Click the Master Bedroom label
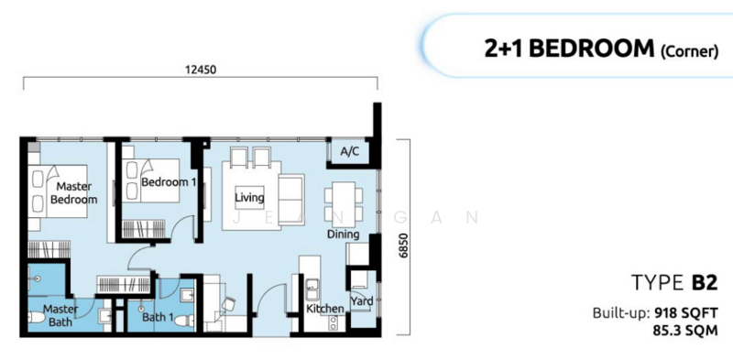click(73, 192)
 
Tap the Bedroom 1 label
click(169, 183)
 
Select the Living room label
click(248, 197)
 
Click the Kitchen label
click(324, 310)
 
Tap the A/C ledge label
click(349, 151)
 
